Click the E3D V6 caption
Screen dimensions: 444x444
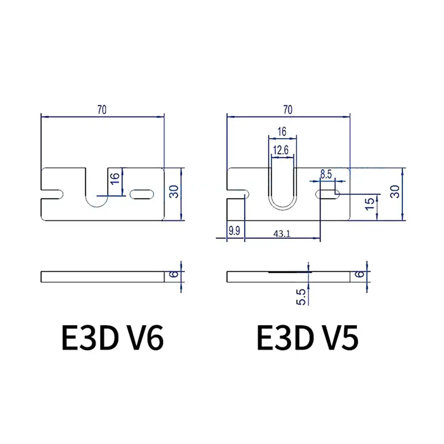pos(112,337)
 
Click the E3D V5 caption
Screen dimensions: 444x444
pos(308,337)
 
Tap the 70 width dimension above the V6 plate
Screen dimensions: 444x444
pos(102,110)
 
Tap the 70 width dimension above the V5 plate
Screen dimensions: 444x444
pos(288,110)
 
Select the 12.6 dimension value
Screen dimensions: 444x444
pos(281,150)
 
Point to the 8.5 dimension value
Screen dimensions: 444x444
pos(326,174)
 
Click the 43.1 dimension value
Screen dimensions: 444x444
pos(282,234)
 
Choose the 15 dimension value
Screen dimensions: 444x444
pos(370,204)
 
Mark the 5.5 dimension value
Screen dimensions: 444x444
pos(301,297)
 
